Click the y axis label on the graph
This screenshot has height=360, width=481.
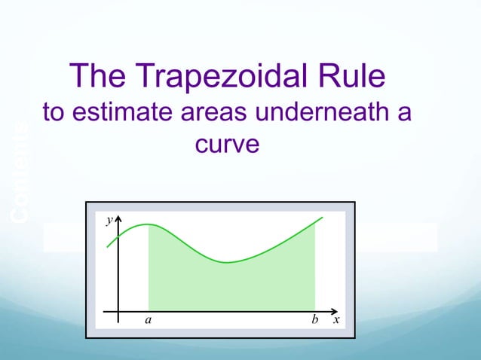(109, 221)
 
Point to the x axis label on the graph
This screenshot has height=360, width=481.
(336, 320)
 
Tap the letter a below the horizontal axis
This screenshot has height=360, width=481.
(148, 320)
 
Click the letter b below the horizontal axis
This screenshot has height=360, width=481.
(314, 320)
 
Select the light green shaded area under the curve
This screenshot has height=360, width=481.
(226, 286)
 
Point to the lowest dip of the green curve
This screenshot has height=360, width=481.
(228, 262)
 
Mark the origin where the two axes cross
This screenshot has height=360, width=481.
(118, 310)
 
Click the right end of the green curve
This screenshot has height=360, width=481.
(323, 218)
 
